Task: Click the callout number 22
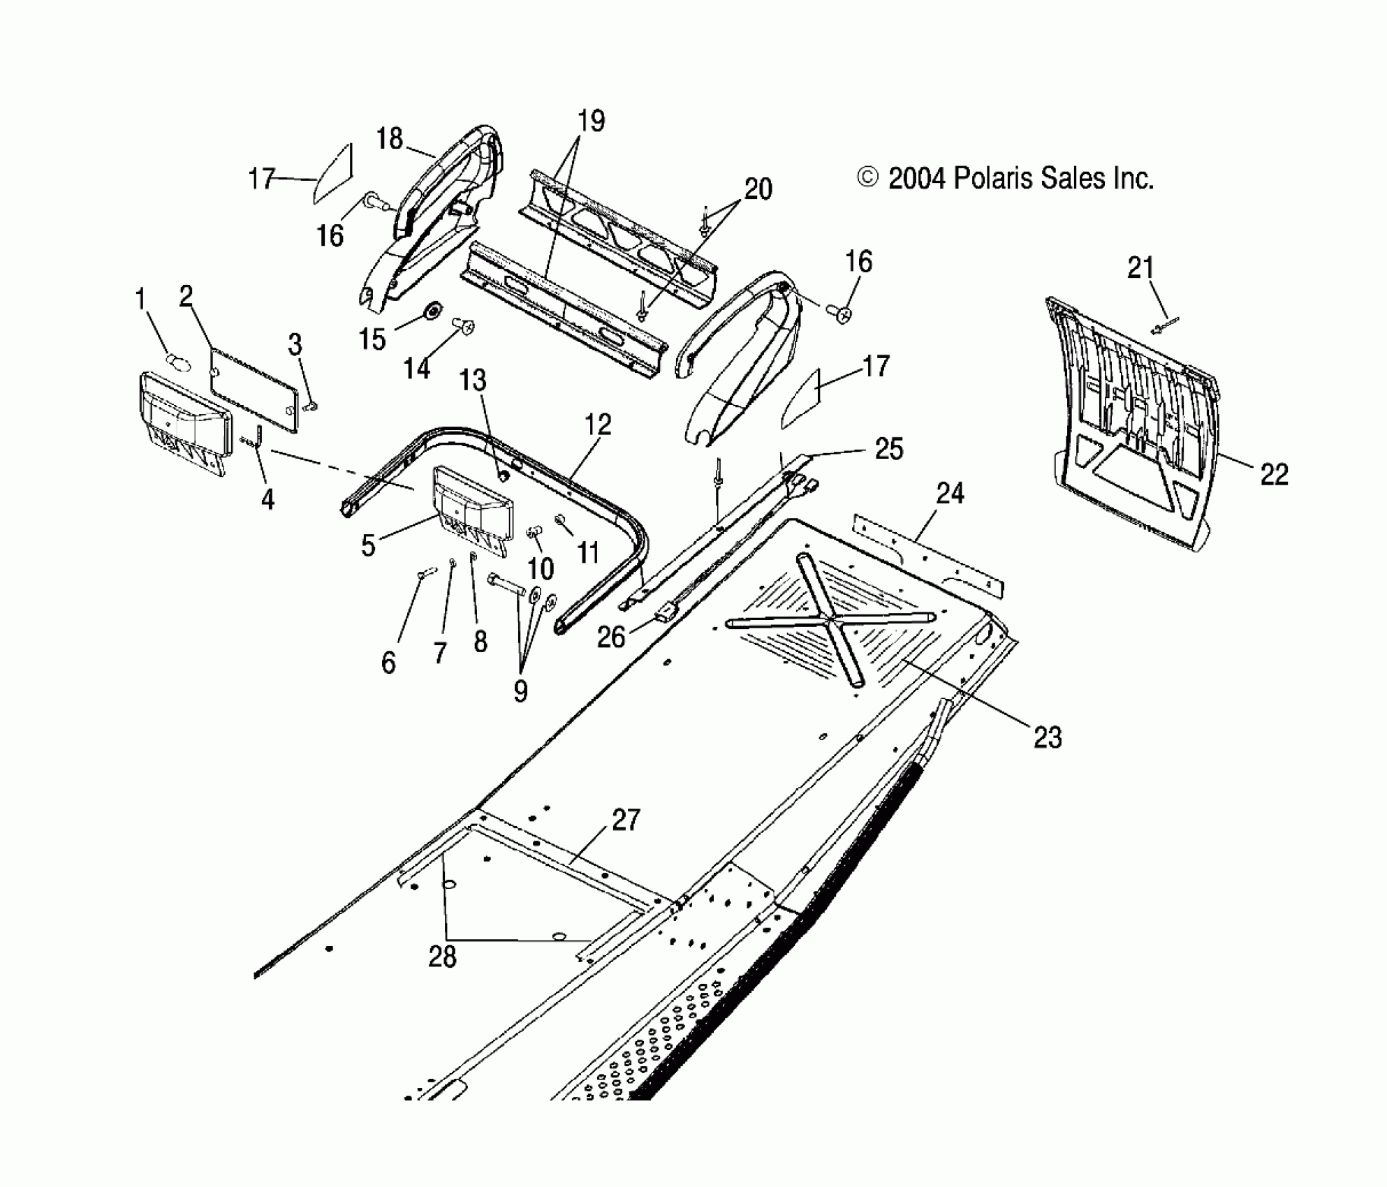pos(1273,475)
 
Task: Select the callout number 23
pos(1047,737)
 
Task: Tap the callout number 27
pos(625,820)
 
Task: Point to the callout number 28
pos(442,956)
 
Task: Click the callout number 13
pos(472,381)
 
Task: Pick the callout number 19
pos(591,121)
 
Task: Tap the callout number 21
pos(1140,267)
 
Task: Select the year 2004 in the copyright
pos(917,179)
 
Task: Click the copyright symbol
pos(867,178)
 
